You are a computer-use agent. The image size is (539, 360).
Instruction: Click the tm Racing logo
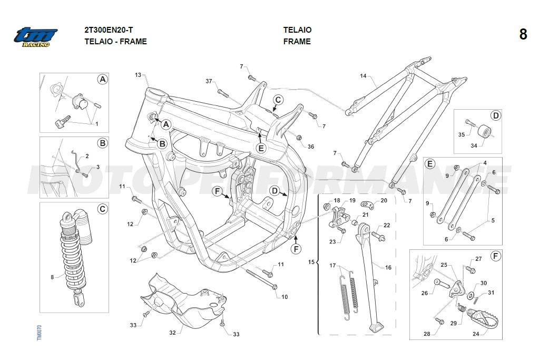[35, 36]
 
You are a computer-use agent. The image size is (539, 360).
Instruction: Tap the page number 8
[523, 35]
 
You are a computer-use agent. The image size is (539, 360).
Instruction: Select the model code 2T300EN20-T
[109, 30]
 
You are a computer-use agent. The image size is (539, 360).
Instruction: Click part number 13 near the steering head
[138, 75]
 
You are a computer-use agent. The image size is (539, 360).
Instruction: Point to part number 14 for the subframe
[363, 76]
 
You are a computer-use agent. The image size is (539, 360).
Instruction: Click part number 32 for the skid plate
[172, 333]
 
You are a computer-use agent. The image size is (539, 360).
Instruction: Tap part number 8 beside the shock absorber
[52, 277]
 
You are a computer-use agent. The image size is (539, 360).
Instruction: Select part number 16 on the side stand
[388, 268]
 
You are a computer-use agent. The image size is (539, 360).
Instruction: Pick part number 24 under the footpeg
[476, 333]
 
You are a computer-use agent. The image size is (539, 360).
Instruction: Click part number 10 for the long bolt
[285, 297]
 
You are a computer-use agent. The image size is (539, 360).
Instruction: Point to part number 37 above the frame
[209, 81]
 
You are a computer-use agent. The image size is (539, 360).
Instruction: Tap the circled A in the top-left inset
[102, 79]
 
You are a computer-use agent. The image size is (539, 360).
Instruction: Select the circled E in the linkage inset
[430, 164]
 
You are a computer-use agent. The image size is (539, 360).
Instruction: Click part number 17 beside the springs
[332, 265]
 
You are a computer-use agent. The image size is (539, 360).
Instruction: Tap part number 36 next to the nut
[311, 147]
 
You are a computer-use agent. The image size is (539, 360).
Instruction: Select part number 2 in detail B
[87, 157]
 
